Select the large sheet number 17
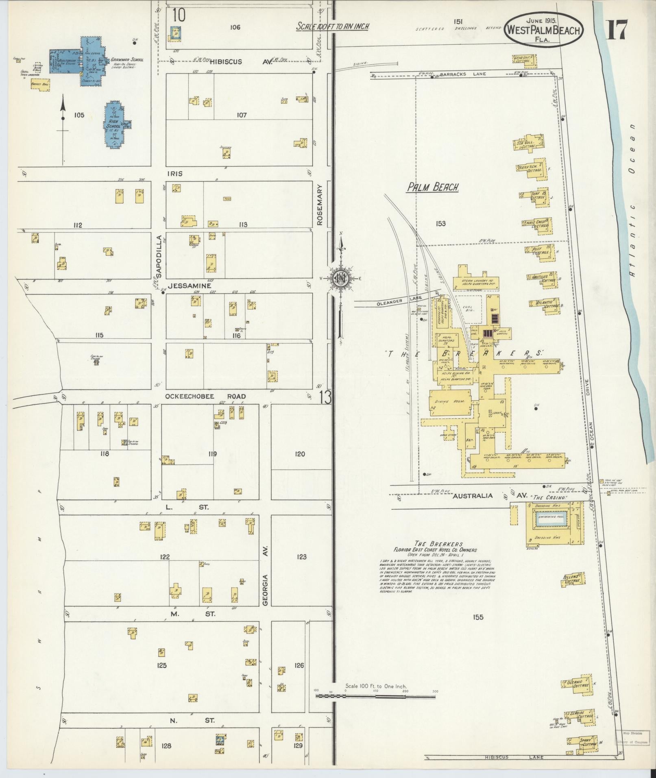[x=617, y=30]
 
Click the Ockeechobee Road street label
[x=205, y=396]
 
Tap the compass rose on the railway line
[x=338, y=279]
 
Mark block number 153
[x=440, y=223]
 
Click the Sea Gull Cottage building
[x=528, y=144]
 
